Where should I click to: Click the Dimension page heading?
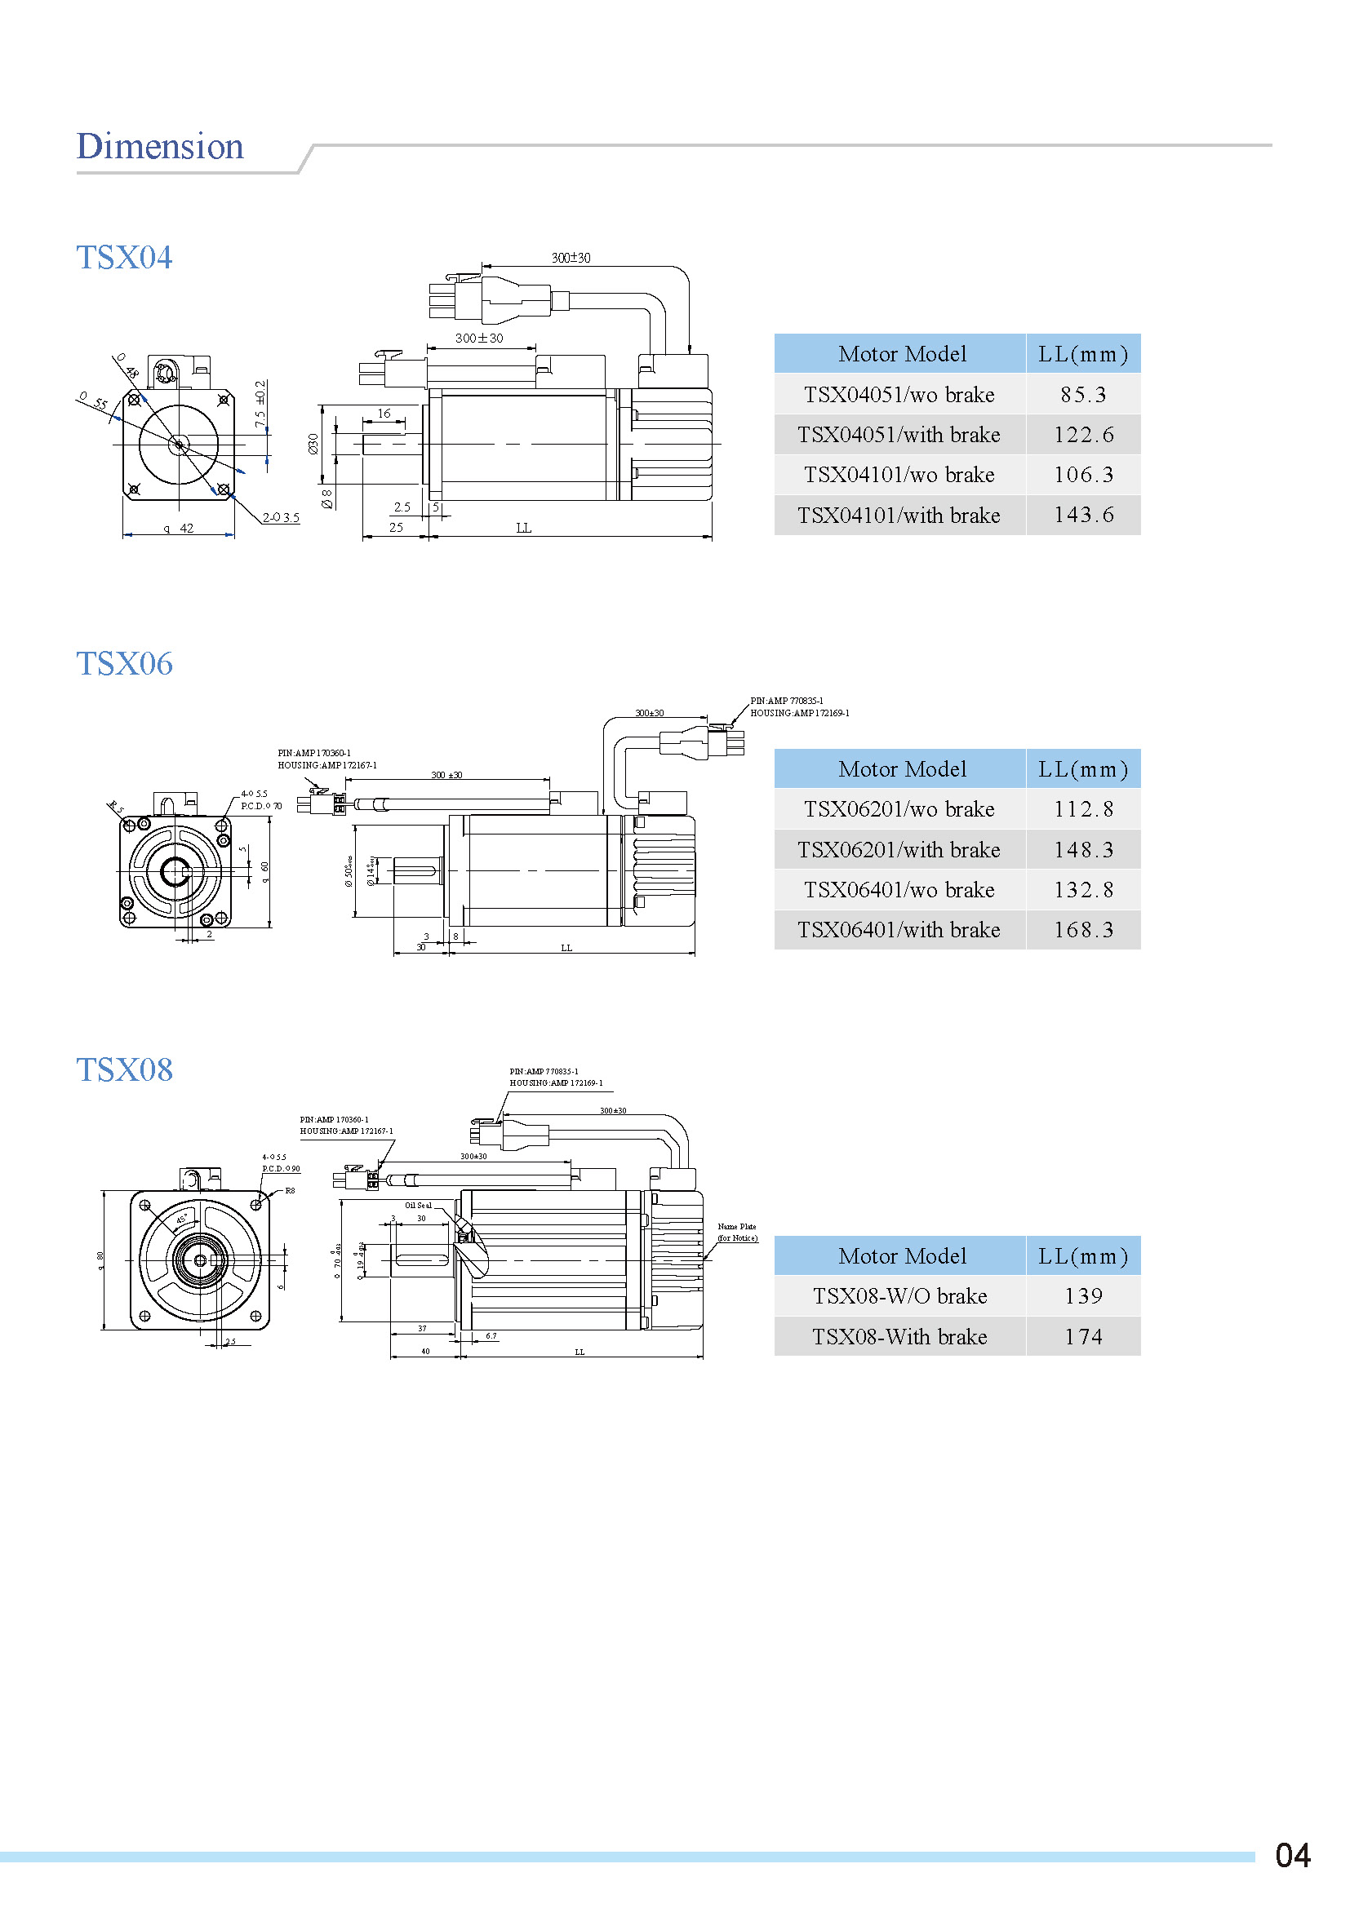[x=160, y=146]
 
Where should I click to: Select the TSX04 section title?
[x=124, y=258]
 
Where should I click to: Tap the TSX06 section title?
[x=124, y=664]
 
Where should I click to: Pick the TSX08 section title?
[x=124, y=1070]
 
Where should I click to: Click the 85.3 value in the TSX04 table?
[x=1082, y=395]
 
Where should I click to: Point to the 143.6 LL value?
[x=1082, y=516]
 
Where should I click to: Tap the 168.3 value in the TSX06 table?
[x=1082, y=930]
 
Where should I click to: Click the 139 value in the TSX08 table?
[x=1082, y=1296]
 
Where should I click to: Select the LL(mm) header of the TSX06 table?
[x=1082, y=769]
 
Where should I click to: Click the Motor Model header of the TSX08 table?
[x=901, y=1256]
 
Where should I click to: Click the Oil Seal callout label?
[x=418, y=1205]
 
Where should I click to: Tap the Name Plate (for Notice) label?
[x=736, y=1233]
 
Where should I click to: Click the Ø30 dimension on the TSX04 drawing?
[x=313, y=444]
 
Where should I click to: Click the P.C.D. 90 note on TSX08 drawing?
[x=281, y=1168]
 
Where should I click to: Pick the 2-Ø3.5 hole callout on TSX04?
[x=281, y=518]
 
